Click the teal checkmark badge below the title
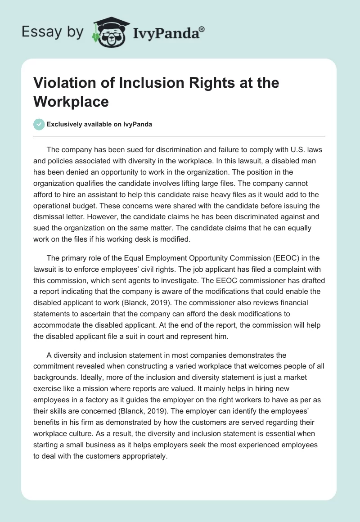[40, 124]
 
